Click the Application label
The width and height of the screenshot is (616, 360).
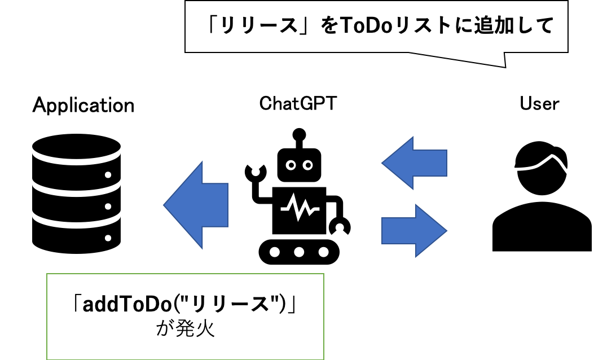83,106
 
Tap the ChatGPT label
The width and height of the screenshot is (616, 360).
298,103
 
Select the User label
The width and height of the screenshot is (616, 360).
539,103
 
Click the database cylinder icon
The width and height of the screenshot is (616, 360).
76,194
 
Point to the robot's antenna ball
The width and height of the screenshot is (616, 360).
300,134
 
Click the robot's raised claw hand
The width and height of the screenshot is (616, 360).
256,172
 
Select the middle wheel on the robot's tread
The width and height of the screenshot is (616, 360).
299,252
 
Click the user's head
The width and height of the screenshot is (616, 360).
542,168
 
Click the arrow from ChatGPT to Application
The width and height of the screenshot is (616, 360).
196,205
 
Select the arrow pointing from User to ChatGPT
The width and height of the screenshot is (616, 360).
414,163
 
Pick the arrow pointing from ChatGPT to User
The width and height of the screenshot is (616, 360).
414,231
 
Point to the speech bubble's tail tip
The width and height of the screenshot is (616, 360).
505,68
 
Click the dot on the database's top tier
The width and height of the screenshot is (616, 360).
108,174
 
